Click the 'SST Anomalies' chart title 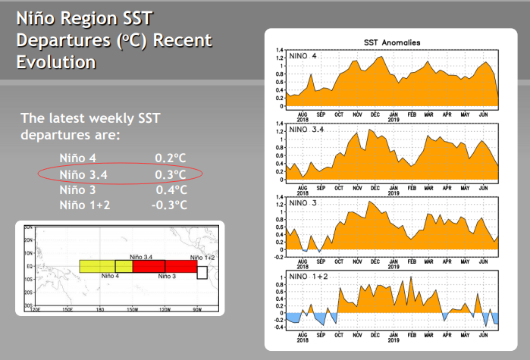pyautogui.click(x=394, y=42)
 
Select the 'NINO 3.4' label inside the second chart pyautogui.click(x=307, y=130)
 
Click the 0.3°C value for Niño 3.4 pyautogui.click(x=171, y=174)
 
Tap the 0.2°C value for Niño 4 pyautogui.click(x=171, y=158)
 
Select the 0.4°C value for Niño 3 pyautogui.click(x=171, y=190)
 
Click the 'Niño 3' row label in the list pyautogui.click(x=77, y=190)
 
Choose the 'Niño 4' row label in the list pyautogui.click(x=77, y=158)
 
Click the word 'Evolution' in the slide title pyautogui.click(x=56, y=62)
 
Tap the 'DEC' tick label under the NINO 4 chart pyautogui.click(x=375, y=114)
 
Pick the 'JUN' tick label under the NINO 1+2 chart pyautogui.click(x=483, y=334)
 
